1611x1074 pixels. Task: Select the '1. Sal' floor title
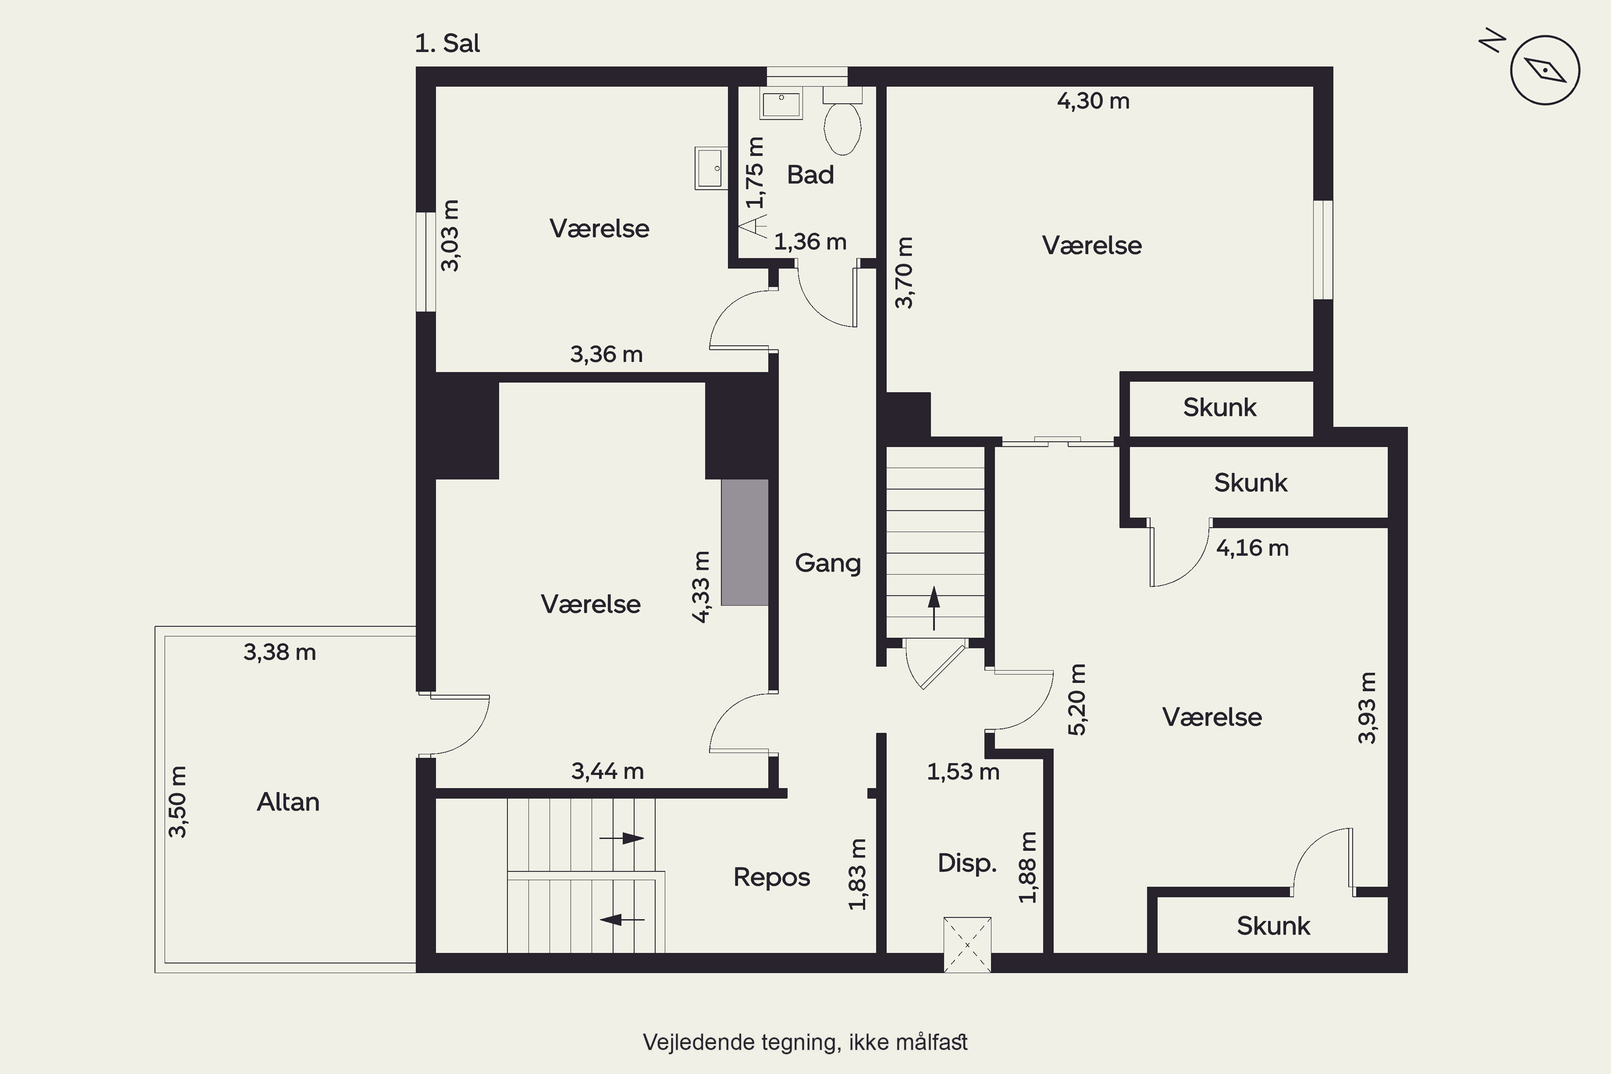coord(447,43)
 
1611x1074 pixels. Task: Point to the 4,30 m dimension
coord(1093,101)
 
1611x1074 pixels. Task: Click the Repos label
coord(771,877)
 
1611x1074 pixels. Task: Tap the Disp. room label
coord(967,863)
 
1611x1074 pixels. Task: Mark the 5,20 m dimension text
coord(1077,699)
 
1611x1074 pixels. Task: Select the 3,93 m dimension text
coord(1367,708)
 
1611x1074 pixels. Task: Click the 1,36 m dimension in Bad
coord(810,242)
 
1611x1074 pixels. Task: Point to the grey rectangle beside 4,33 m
coord(744,542)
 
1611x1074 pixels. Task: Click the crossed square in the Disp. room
coord(967,945)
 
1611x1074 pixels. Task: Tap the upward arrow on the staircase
coord(934,607)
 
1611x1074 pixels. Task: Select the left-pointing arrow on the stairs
coord(622,919)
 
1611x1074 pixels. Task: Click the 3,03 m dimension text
coord(449,236)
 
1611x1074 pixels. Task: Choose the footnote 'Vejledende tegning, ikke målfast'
coord(805,1042)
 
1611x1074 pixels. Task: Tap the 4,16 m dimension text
coord(1252,548)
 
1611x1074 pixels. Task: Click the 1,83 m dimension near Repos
coord(857,874)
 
